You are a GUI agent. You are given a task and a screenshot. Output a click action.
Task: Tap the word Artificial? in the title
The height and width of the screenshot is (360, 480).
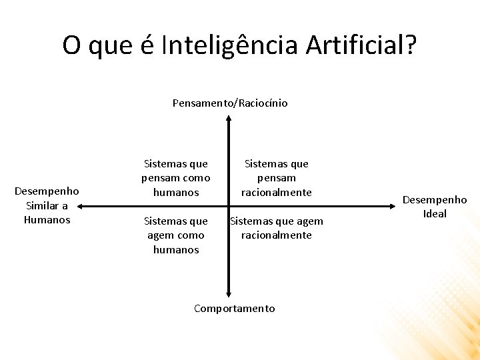point(362,45)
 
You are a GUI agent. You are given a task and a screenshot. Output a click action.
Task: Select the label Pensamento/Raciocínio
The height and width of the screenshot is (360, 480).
point(230,103)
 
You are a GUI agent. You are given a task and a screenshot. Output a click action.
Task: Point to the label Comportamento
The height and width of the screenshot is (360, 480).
point(234,308)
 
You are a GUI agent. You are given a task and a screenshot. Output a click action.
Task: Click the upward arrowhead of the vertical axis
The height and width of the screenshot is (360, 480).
point(229,119)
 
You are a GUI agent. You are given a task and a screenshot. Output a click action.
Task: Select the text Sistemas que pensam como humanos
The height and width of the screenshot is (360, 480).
point(176,178)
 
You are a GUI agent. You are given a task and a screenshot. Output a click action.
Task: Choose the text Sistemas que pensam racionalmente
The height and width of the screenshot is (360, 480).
point(277,178)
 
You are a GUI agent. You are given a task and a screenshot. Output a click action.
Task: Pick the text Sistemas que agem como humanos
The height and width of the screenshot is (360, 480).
point(176,235)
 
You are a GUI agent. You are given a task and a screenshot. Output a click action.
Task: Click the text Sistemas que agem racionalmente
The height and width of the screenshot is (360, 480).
point(277,228)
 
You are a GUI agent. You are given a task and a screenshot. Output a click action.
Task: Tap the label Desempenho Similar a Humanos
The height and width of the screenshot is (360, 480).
point(47,205)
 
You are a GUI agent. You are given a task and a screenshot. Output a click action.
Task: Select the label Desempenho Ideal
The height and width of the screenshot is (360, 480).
point(435,207)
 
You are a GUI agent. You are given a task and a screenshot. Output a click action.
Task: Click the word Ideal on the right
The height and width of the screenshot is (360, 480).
point(435,214)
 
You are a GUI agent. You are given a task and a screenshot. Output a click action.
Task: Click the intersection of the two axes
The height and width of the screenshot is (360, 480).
point(229,207)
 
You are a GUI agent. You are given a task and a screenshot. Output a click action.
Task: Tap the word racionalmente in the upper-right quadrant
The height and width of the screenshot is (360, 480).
point(277,193)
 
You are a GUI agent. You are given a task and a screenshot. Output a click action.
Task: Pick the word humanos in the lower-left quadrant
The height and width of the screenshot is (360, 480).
point(176,250)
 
